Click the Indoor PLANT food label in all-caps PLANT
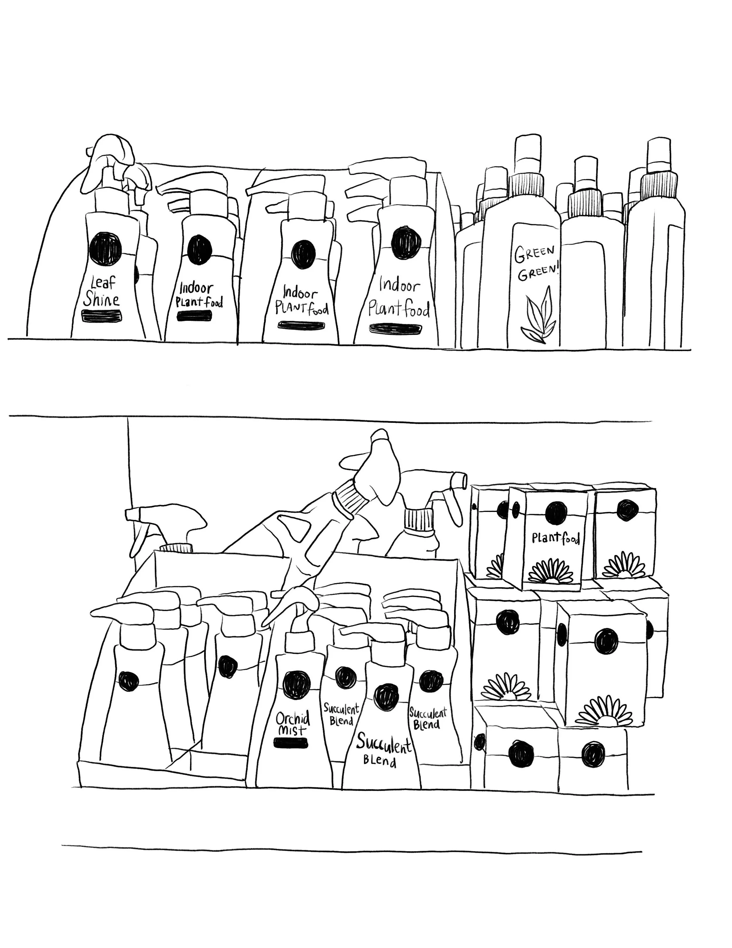click(301, 300)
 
